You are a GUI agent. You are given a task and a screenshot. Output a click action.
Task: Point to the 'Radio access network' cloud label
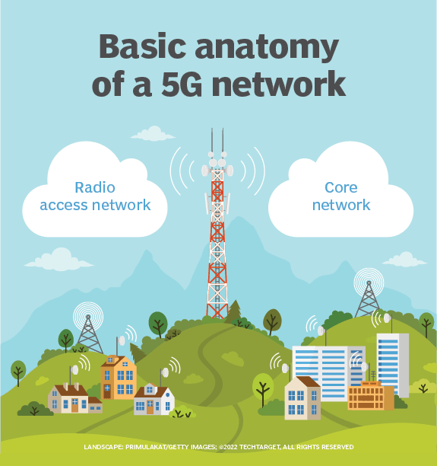pyautogui.click(x=95, y=196)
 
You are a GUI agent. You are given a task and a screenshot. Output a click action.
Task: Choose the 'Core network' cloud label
pyautogui.click(x=340, y=196)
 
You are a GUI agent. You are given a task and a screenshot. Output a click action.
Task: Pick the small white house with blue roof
pyautogui.click(x=154, y=400)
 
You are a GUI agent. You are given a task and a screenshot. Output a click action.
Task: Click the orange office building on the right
pyautogui.click(x=370, y=395)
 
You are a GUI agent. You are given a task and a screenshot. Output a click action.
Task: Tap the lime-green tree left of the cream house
pyautogui.click(x=263, y=386)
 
